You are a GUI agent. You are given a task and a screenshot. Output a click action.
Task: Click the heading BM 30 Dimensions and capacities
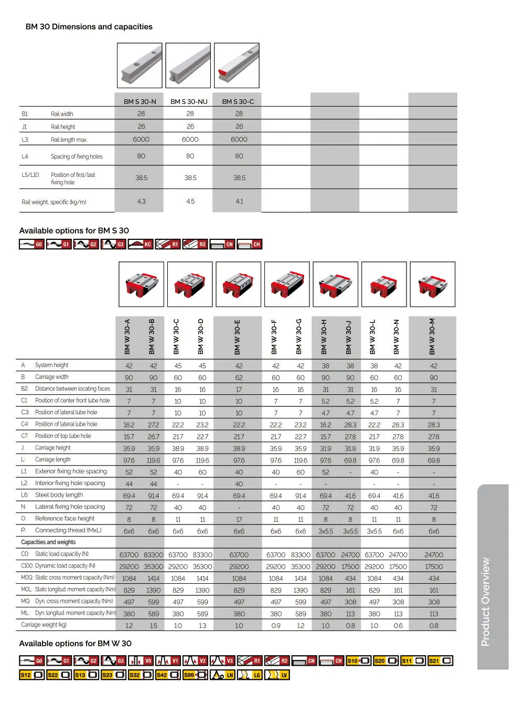[x=89, y=27]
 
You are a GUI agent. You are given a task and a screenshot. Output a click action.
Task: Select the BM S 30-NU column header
[x=189, y=101]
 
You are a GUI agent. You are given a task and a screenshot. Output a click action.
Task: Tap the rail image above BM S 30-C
[x=237, y=66]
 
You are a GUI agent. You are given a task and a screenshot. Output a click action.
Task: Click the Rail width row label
[x=62, y=114]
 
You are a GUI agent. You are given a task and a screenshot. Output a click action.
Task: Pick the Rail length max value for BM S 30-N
[x=141, y=139]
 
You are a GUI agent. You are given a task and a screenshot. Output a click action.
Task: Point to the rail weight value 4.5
[x=190, y=201]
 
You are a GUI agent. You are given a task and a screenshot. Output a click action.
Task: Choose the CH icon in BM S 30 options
[x=250, y=244]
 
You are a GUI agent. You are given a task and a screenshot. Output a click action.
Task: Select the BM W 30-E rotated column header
[x=238, y=337]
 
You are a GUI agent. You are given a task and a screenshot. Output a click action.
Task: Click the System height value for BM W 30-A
[x=129, y=366]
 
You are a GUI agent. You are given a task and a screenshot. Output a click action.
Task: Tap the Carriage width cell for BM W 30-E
[x=239, y=377]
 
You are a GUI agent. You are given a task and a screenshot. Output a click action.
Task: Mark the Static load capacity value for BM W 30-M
[x=434, y=555]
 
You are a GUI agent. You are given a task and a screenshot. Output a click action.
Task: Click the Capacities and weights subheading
[x=48, y=542]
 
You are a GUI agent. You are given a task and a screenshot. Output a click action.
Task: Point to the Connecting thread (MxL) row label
[x=68, y=530]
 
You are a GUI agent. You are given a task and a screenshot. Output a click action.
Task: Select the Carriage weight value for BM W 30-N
[x=398, y=626]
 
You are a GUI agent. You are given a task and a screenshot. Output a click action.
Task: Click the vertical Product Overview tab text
[x=486, y=602]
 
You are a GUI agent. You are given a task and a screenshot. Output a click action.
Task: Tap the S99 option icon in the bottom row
[x=195, y=675]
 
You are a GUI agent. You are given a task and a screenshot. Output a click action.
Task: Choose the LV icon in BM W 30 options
[x=277, y=675]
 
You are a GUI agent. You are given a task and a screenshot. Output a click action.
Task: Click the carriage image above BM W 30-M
[x=433, y=285]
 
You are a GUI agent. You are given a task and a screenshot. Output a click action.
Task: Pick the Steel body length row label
[x=59, y=495]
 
